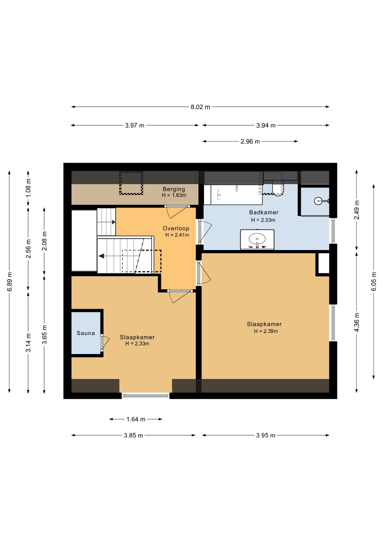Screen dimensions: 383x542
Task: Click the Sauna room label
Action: pyautogui.click(x=86, y=333)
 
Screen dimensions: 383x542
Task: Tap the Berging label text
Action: pyautogui.click(x=174, y=189)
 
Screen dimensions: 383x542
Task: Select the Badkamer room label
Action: pyautogui.click(x=264, y=212)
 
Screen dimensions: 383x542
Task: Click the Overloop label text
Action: pyautogui.click(x=176, y=228)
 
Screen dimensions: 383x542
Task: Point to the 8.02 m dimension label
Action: pyautogui.click(x=200, y=107)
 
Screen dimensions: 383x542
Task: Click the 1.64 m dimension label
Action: pyautogui.click(x=136, y=419)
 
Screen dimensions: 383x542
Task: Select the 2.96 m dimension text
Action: pyautogui.click(x=250, y=141)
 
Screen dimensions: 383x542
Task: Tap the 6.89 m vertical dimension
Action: pyautogui.click(x=9, y=281)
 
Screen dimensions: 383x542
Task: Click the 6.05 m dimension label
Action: pyautogui.click(x=374, y=281)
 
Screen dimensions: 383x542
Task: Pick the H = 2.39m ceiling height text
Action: pyautogui.click(x=266, y=331)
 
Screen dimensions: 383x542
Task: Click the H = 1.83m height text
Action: pyautogui.click(x=174, y=195)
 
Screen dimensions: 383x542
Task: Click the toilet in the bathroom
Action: pyautogui.click(x=278, y=188)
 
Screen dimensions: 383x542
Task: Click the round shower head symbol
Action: pyautogui.click(x=318, y=201)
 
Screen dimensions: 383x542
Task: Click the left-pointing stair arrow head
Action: pyautogui.click(x=101, y=256)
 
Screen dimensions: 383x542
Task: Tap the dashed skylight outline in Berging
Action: pyautogui.click(x=131, y=183)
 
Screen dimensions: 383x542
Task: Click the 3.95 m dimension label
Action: pyautogui.click(x=266, y=435)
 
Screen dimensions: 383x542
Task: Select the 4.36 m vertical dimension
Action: pyautogui.click(x=357, y=322)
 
